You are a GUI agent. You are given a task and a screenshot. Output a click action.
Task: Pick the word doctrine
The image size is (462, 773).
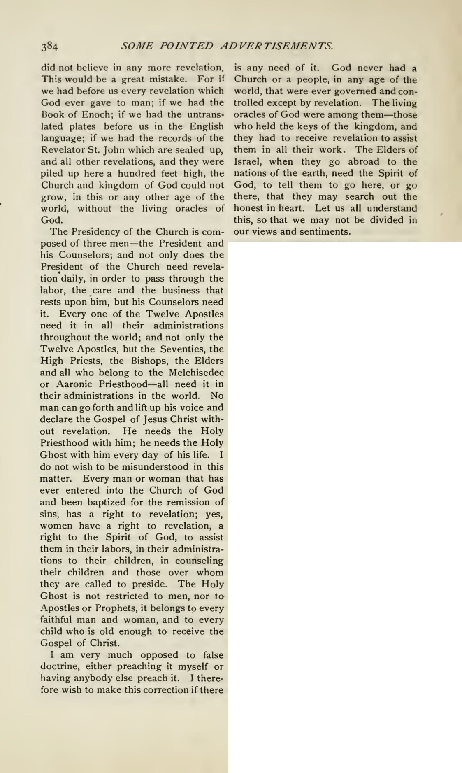(59, 666)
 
